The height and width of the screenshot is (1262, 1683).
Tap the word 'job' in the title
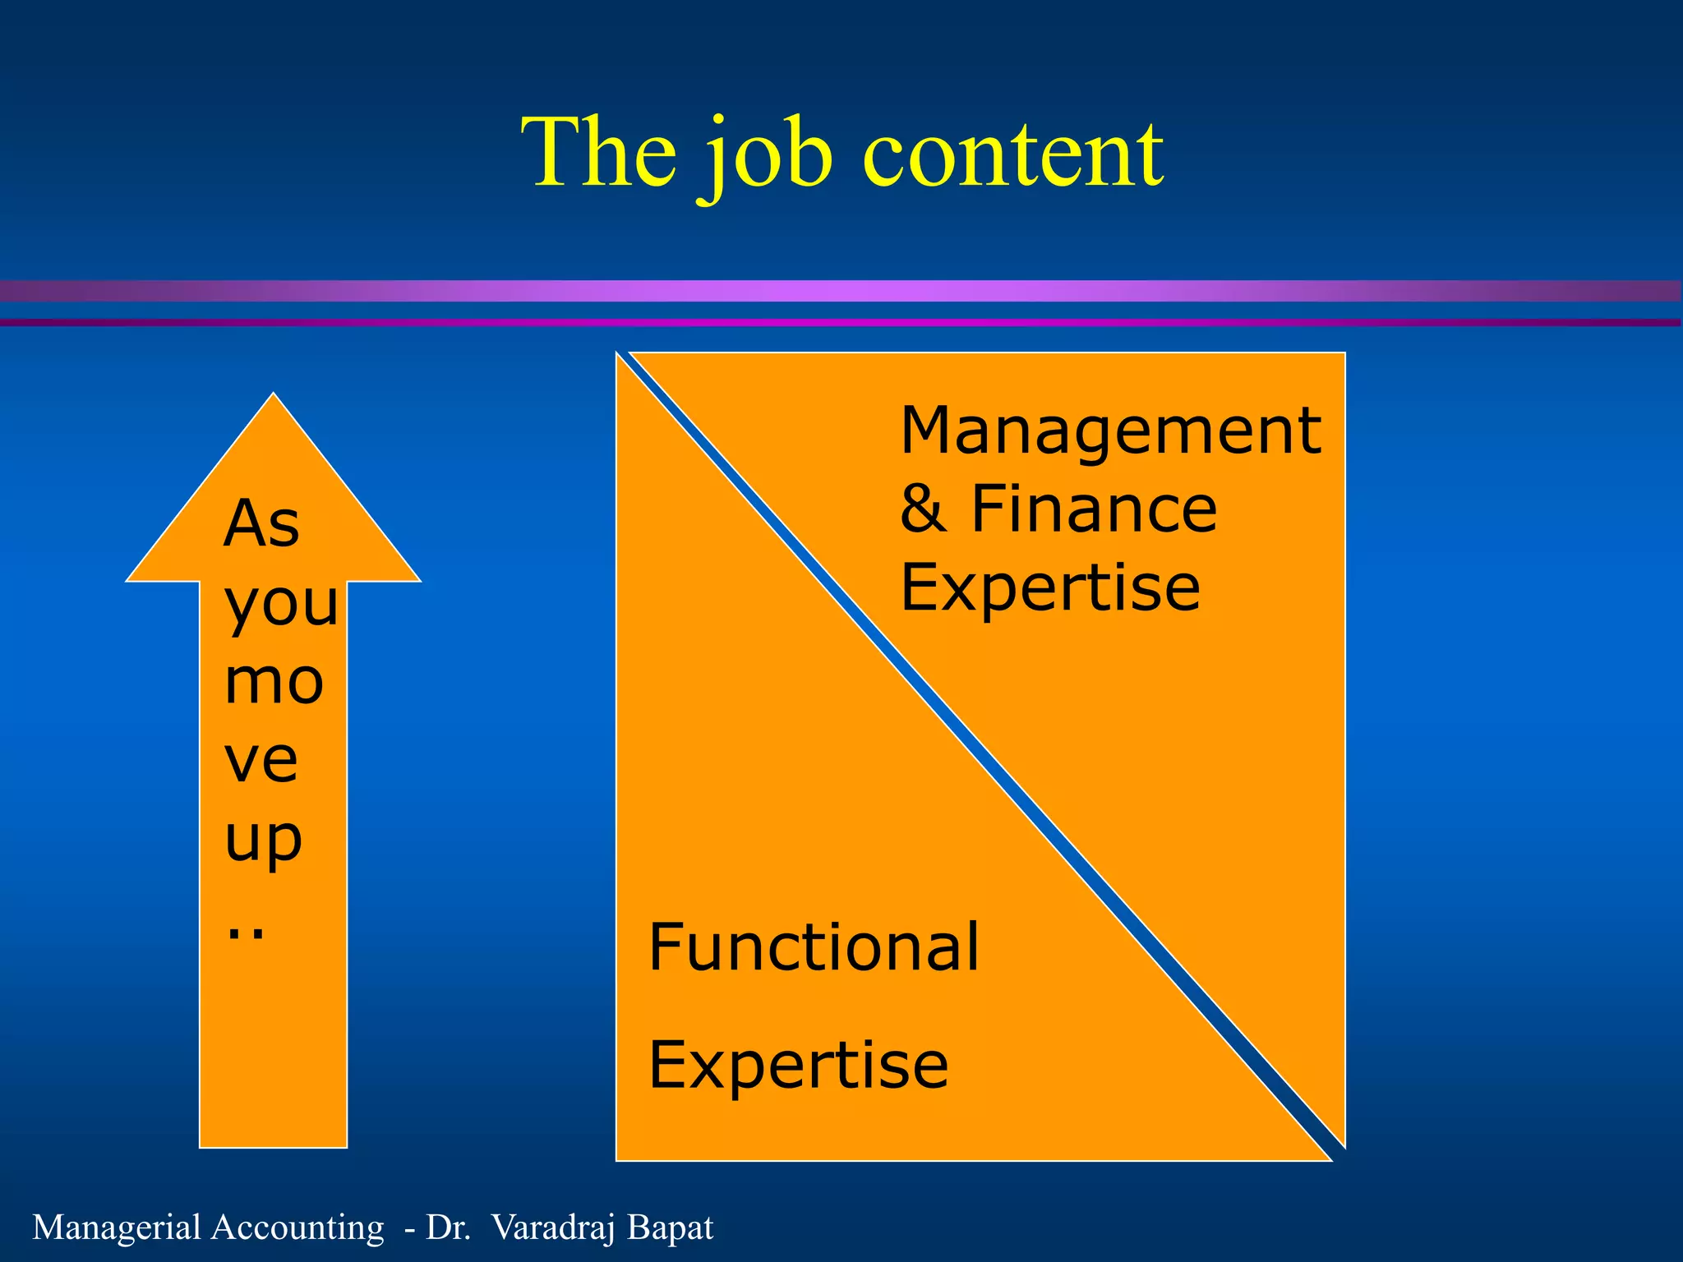769,156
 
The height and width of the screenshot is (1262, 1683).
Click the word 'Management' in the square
1109,432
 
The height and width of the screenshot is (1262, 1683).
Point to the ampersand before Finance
923,509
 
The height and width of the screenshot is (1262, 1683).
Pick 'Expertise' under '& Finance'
1049,588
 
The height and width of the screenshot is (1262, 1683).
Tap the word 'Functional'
814,947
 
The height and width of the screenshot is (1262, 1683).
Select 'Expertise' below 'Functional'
798,1066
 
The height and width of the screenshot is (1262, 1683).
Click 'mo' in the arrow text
274,682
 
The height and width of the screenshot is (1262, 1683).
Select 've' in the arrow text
261,760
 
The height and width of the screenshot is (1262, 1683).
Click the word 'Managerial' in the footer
116,1227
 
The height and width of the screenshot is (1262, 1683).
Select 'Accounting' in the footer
297,1227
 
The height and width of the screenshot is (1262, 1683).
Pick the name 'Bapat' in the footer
670,1227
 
